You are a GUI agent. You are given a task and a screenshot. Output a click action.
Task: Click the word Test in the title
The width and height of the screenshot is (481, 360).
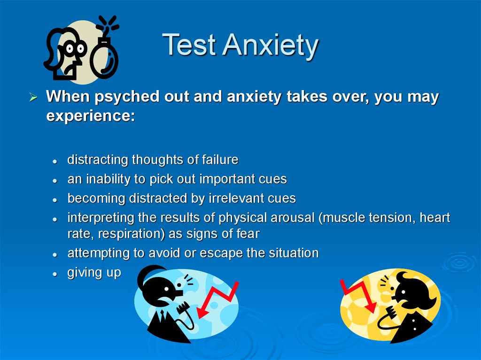tap(189, 45)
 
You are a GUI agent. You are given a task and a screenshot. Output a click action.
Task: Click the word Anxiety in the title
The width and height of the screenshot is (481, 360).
tap(271, 46)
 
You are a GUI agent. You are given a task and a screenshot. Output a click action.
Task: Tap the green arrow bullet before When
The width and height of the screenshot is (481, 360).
tap(33, 97)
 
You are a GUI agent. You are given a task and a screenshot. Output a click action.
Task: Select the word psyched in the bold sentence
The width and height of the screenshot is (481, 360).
tap(127, 97)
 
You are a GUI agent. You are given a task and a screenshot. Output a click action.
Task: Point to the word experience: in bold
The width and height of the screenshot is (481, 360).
tap(91, 116)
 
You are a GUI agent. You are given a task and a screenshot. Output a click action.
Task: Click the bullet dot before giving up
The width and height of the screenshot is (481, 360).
tap(55, 274)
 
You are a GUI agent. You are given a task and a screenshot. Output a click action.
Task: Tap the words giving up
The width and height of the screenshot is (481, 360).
tap(94, 273)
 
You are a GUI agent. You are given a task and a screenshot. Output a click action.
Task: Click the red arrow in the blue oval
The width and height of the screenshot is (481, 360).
tap(217, 300)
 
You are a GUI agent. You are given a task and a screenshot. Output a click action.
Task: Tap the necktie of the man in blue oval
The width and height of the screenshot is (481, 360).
tap(162, 316)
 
